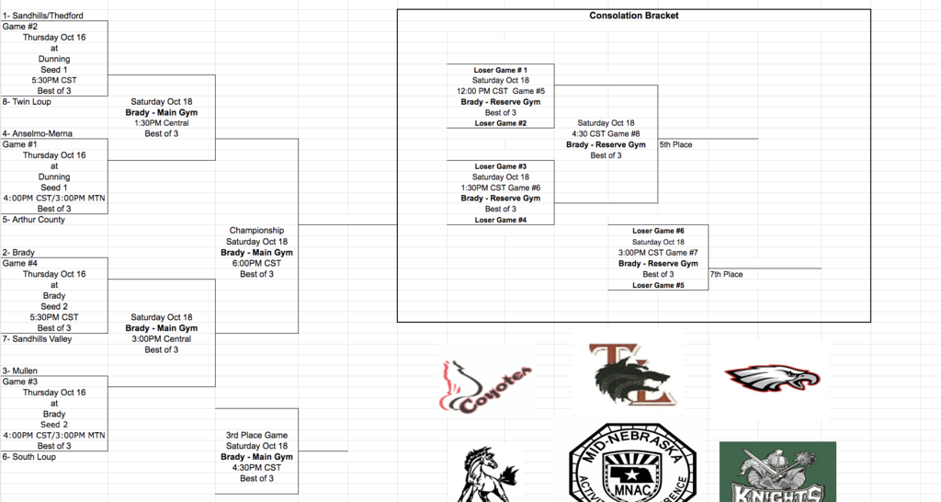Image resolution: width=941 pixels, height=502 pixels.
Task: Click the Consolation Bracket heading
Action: click(x=633, y=16)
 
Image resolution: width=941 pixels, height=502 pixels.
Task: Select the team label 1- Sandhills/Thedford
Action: click(x=42, y=16)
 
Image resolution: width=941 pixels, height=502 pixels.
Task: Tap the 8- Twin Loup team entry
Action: click(x=26, y=102)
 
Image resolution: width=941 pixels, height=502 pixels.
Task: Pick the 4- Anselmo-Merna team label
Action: click(x=37, y=133)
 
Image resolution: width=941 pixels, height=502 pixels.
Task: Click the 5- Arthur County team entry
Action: click(x=33, y=220)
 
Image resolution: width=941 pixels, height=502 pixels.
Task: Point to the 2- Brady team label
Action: click(x=19, y=252)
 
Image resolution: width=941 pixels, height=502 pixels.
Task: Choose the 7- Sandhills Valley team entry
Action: click(x=38, y=338)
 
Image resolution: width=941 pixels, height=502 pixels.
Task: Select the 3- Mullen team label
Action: click(x=20, y=371)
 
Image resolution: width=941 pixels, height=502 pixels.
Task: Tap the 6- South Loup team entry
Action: click(x=28, y=456)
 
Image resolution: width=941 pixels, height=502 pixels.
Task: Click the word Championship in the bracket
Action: click(x=256, y=230)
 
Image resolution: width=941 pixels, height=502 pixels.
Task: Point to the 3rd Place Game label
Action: click(x=256, y=435)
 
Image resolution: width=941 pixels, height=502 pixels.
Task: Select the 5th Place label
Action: click(x=675, y=144)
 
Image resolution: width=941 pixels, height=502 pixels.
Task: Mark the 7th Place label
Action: click(x=726, y=274)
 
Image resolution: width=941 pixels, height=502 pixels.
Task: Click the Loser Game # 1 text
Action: click(x=501, y=70)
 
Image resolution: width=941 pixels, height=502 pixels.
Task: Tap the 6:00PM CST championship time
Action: click(x=256, y=263)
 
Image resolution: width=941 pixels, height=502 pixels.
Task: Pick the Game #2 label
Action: click(x=19, y=27)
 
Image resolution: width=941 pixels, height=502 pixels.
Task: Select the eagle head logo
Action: click(x=773, y=377)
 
